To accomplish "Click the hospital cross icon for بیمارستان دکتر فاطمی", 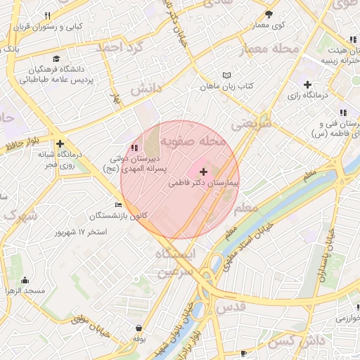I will click(x=204, y=172).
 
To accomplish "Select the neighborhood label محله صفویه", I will click(x=193, y=141).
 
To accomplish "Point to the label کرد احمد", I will click(x=120, y=47).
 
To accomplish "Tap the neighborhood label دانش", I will click(x=146, y=88).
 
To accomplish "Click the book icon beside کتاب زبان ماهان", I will click(x=226, y=75).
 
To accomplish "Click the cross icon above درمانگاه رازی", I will click(x=307, y=84).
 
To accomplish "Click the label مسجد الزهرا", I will click(x=25, y=290).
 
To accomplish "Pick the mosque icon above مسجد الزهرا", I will click(x=25, y=281).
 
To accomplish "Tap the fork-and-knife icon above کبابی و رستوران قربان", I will click(x=47, y=15).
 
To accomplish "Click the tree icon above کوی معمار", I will click(x=268, y=14).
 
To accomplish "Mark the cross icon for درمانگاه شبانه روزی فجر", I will click(x=60, y=143).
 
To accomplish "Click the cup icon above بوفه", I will click(x=139, y=328).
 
